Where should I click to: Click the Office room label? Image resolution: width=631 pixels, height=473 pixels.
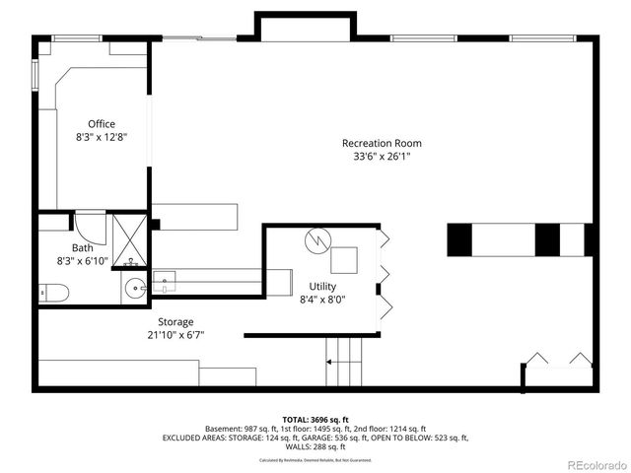click(x=102, y=124)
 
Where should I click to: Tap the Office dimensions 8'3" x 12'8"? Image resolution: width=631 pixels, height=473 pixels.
click(x=102, y=138)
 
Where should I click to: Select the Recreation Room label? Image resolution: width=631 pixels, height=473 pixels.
click(x=375, y=143)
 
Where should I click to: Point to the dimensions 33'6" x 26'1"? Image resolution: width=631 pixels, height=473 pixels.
click(x=375, y=157)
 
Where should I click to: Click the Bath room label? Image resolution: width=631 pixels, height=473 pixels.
click(x=83, y=248)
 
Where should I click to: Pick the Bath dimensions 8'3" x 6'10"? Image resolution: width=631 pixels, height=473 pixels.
click(x=83, y=262)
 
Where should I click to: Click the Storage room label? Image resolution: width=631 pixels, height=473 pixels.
click(x=175, y=322)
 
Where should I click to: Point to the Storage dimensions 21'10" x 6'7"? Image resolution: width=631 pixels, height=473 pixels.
click(x=175, y=336)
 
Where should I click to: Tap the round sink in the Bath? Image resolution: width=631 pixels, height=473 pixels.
click(x=136, y=289)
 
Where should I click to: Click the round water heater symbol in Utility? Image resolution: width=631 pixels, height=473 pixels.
click(x=318, y=238)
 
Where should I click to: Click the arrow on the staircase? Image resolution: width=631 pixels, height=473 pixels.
click(x=329, y=362)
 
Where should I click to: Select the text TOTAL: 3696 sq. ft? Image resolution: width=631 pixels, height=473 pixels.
click(x=315, y=419)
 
